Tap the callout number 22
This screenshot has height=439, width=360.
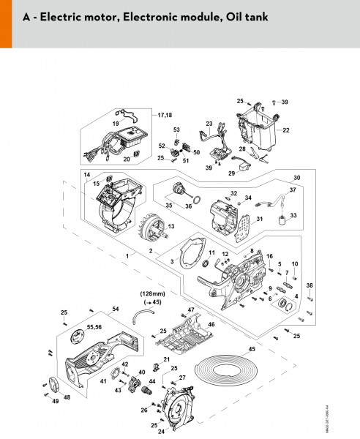pos(285,130)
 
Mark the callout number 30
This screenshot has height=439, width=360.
pos(296,178)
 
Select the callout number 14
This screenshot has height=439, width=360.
pos(86,174)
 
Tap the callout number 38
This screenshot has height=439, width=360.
pos(310,285)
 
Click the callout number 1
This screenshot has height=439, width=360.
pos(128,256)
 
